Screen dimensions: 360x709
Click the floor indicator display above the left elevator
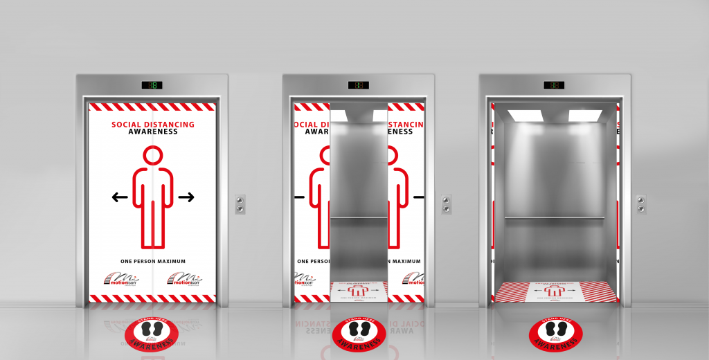tap(152, 85)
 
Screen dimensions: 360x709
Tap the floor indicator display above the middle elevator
tap(358, 85)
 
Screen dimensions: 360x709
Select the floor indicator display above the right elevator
tap(554, 85)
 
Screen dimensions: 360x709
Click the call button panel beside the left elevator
tap(240, 204)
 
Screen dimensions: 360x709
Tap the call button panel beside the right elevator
tap(641, 204)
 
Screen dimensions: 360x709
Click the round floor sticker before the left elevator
tap(152, 334)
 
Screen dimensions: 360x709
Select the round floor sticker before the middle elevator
tap(359, 334)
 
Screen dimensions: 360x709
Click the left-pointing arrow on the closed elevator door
tap(120, 197)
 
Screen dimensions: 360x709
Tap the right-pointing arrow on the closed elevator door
tap(186, 197)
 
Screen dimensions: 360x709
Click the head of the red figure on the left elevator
tap(152, 155)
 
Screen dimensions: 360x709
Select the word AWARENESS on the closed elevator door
tap(153, 132)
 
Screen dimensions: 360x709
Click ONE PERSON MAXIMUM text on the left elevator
tap(153, 261)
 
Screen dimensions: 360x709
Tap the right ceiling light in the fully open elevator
tap(584, 116)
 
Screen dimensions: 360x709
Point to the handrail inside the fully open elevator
tap(554, 218)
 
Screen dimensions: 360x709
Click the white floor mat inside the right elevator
tap(556, 291)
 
